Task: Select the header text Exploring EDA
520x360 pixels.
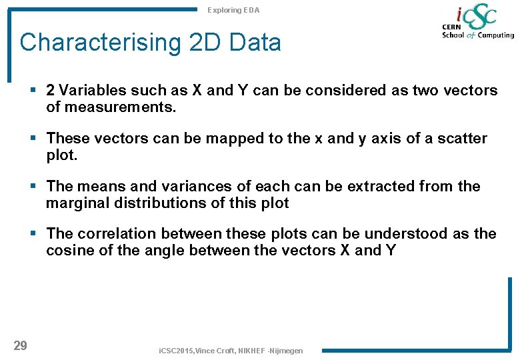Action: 233,10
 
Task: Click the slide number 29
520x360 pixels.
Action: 21,345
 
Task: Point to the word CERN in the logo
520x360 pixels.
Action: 453,27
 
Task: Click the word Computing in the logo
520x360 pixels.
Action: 496,35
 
